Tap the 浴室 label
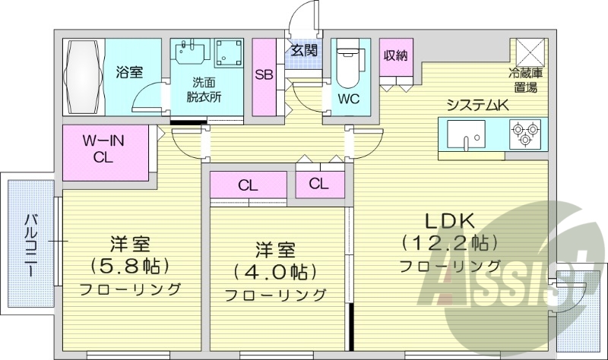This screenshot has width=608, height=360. point(129,73)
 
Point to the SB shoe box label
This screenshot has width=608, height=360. point(264,75)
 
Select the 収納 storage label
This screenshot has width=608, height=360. point(396,55)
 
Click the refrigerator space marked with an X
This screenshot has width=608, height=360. point(530,52)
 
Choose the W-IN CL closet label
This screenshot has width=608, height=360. point(104,150)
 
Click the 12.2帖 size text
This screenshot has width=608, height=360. point(450,243)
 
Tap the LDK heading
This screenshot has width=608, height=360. point(449,221)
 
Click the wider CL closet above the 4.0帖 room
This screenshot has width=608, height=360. point(248,185)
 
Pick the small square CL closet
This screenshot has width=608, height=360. point(318,183)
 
